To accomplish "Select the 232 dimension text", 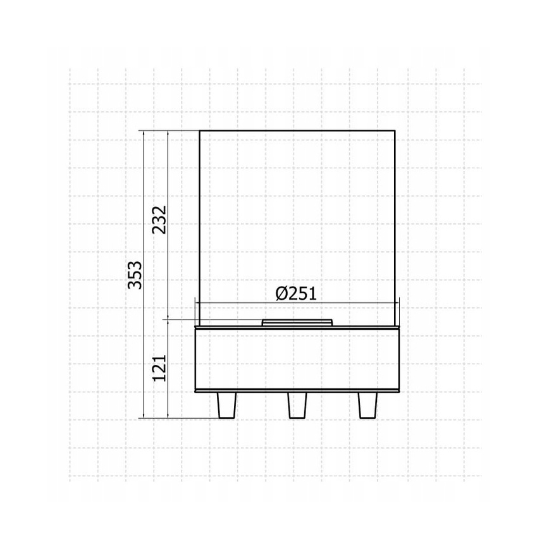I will tap(159, 219).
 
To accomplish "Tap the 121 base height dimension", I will tap(159, 368).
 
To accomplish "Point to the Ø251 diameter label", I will tap(296, 293).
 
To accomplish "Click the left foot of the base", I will tap(226, 405).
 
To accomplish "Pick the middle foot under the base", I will tap(297, 405).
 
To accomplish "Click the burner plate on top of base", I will tap(297, 323).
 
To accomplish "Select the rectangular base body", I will tap(297, 359).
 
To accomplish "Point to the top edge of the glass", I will tap(297, 130).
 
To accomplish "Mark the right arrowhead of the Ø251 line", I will tap(396, 302).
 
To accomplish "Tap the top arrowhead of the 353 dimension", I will tap(145, 133).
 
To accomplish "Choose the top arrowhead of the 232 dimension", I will tap(168, 133).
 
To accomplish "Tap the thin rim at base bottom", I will tap(297, 392).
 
